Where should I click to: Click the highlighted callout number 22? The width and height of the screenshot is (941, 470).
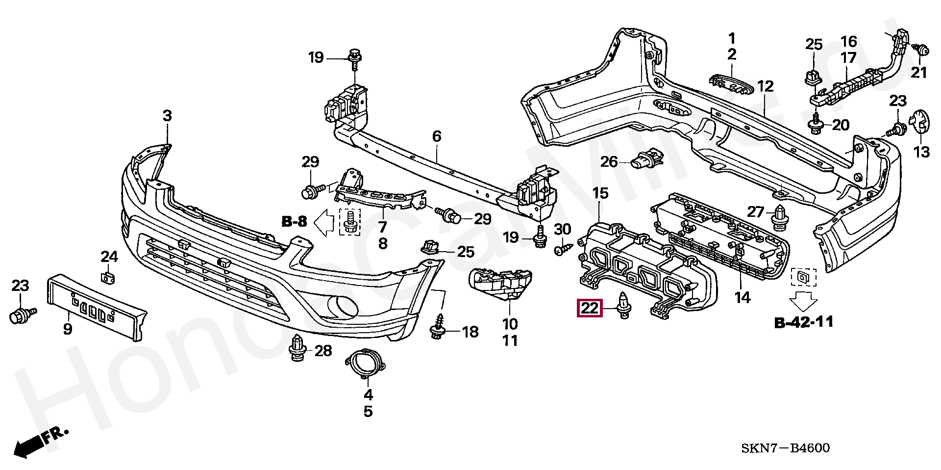coord(590,308)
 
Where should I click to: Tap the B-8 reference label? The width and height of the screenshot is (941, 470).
coord(294,222)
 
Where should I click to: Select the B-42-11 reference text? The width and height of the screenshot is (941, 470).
coord(804,322)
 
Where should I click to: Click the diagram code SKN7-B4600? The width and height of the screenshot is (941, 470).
coord(785,447)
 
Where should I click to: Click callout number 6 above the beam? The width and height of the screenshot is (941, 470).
coord(437,136)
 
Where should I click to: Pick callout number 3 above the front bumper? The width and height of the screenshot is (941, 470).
coord(168,116)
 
